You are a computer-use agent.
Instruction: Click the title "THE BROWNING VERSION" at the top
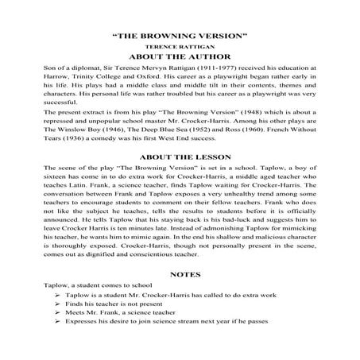[x=180, y=37]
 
